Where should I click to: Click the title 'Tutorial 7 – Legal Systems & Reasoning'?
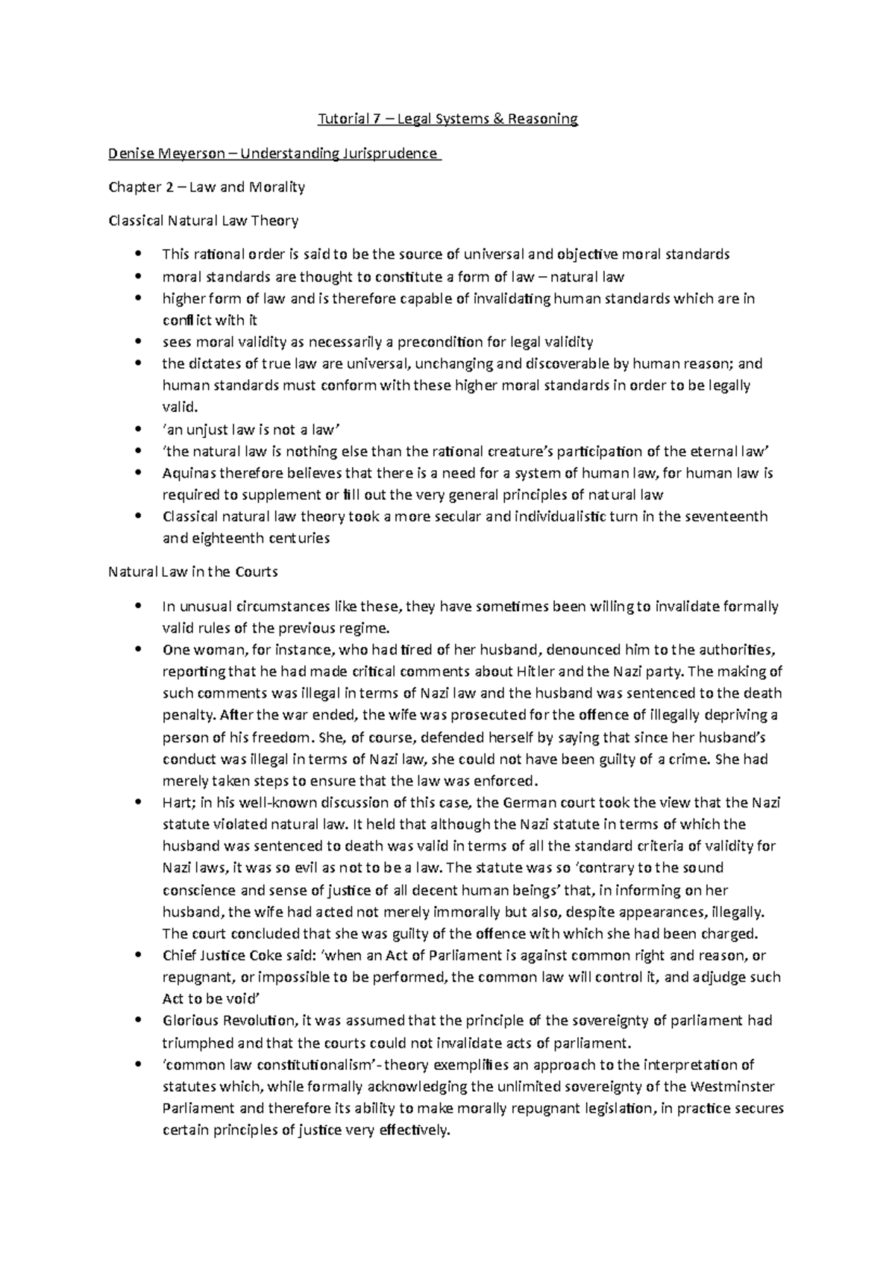click(x=447, y=119)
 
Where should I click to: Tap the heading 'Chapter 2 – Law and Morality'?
click(x=207, y=187)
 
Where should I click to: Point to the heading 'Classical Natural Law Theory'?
click(x=204, y=221)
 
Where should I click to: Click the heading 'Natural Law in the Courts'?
click(x=193, y=572)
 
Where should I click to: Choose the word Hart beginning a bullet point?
click(x=177, y=803)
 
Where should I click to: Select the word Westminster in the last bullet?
click(x=732, y=1086)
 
